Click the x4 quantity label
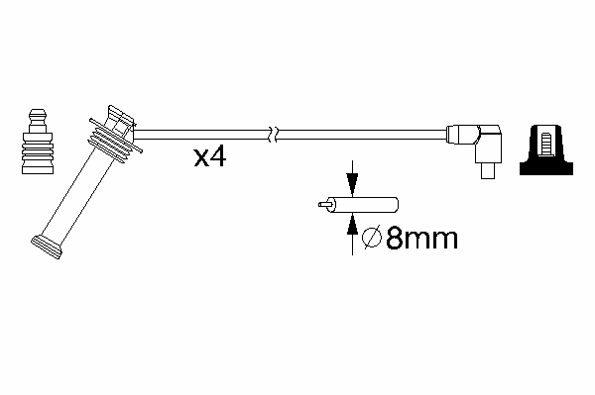point(210,157)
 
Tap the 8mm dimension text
point(421,239)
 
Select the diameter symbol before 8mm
point(372,238)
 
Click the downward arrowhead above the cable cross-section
point(352,184)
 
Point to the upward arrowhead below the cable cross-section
point(352,225)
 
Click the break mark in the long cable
point(274,134)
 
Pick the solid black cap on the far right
point(546,149)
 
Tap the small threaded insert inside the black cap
point(545,144)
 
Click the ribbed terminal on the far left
point(38,142)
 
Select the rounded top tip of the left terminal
point(38,113)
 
